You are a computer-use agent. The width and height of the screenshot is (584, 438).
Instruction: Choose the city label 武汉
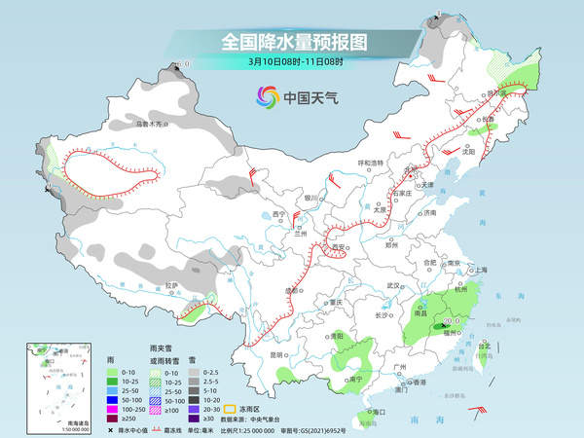tap(393, 285)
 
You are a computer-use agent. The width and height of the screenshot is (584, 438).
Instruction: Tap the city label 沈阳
tap(497, 152)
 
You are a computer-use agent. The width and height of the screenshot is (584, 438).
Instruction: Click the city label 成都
tap(292, 290)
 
